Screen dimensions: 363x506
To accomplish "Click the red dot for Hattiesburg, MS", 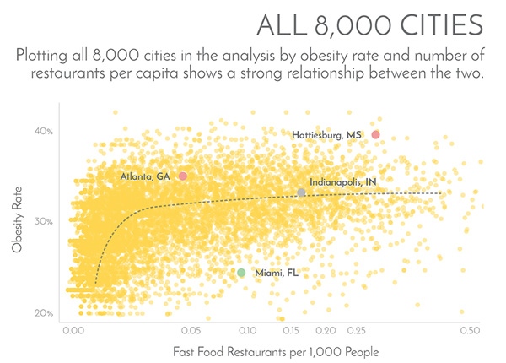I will pyautogui.click(x=375, y=134).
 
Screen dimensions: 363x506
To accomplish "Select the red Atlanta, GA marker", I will pyautogui.click(x=183, y=176).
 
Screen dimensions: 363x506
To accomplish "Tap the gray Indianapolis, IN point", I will pyautogui.click(x=301, y=193).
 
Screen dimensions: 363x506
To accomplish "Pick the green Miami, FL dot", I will pyautogui.click(x=241, y=273).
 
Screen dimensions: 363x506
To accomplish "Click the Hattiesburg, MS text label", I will pyautogui.click(x=327, y=135).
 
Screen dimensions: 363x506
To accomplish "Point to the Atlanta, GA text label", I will pyautogui.click(x=145, y=176).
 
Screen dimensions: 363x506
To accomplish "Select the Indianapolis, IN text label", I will pyautogui.click(x=342, y=181).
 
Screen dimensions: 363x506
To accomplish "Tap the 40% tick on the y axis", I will pyautogui.click(x=44, y=132).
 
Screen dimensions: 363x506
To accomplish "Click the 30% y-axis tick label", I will pyautogui.click(x=44, y=222).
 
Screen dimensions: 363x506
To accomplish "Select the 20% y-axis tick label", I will pyautogui.click(x=44, y=313).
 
